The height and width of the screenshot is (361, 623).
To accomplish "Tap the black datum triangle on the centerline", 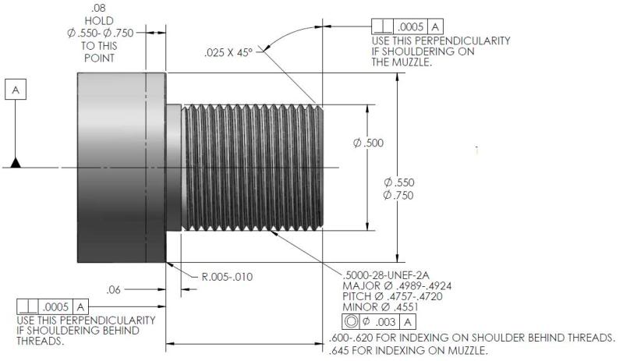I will (x=15, y=162).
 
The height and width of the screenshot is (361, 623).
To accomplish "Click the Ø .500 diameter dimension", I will (x=368, y=143).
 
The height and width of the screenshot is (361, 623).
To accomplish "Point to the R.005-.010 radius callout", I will (x=227, y=276).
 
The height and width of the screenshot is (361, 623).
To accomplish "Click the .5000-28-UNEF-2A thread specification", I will (x=388, y=275).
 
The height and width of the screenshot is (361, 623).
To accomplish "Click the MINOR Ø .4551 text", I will (x=375, y=308).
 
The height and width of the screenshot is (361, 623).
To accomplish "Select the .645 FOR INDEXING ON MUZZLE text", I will (x=410, y=350).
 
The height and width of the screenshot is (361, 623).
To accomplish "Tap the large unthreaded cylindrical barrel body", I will (x=120, y=167).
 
